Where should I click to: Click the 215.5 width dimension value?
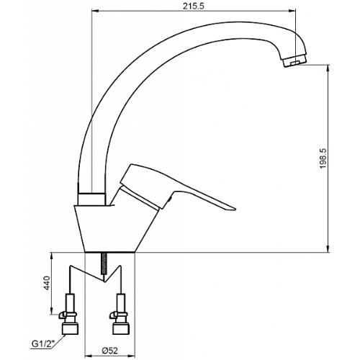194,6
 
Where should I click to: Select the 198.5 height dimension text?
323,158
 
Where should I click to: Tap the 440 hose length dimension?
47,283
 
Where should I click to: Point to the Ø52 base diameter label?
110,351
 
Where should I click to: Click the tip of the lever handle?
235,210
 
